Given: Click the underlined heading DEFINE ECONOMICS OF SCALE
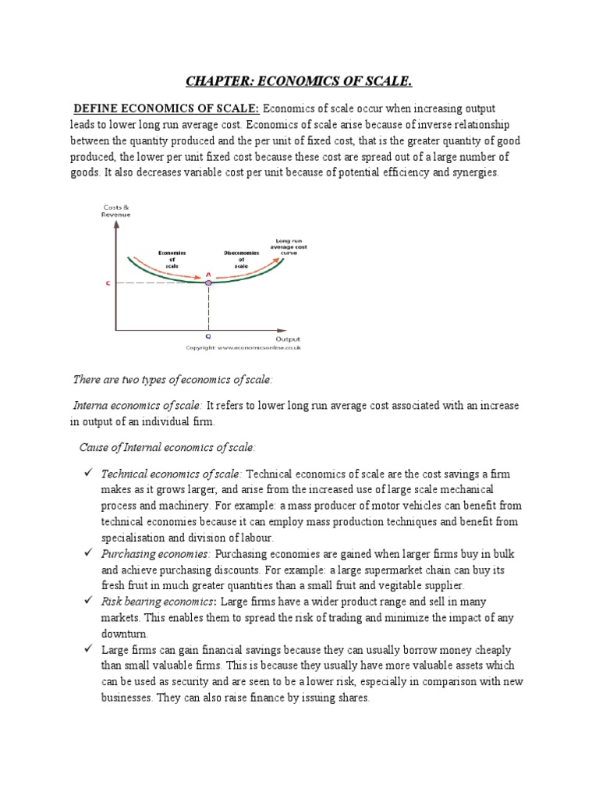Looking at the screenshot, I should point(167,108).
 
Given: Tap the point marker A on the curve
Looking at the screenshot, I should point(208,282).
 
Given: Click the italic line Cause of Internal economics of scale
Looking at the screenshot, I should point(168,447).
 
